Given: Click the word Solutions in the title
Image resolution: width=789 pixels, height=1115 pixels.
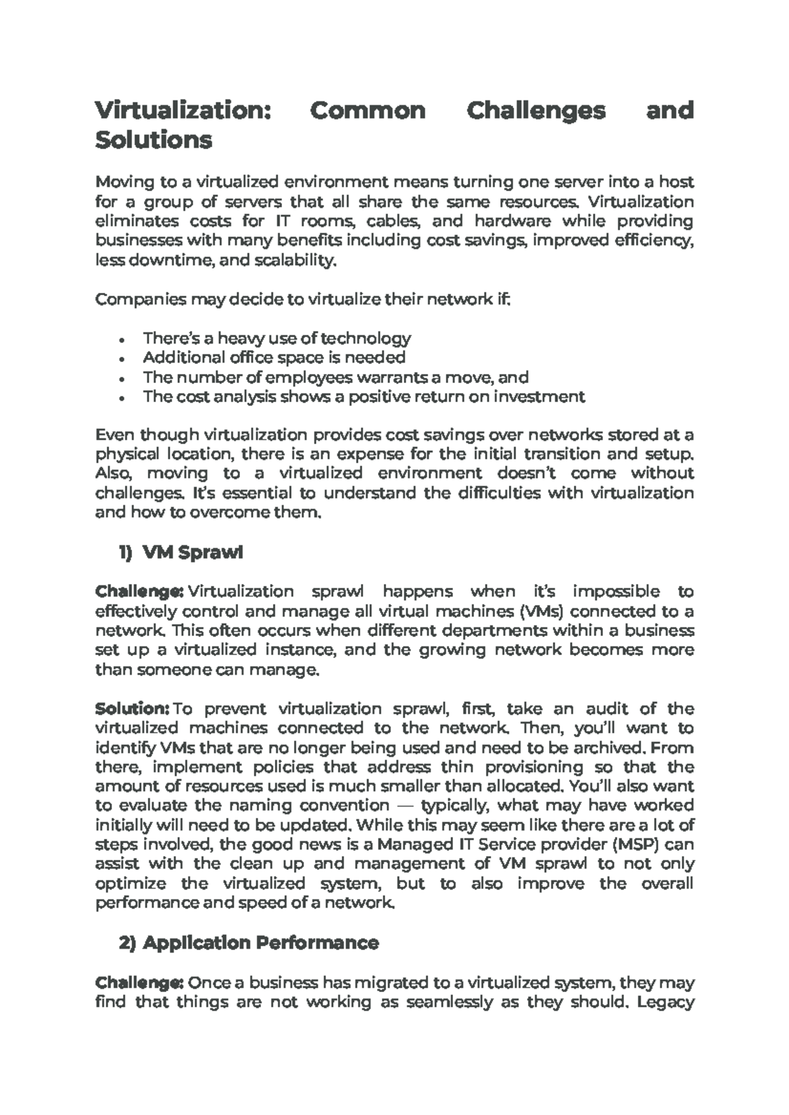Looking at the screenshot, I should click(153, 140).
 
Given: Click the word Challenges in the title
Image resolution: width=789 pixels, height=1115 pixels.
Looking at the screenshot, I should click(535, 110).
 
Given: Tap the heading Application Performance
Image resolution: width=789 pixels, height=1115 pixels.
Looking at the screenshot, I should click(260, 943).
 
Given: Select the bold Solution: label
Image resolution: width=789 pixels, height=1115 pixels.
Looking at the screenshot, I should click(133, 708).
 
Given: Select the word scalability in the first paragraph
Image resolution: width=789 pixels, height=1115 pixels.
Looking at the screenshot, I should click(302, 261).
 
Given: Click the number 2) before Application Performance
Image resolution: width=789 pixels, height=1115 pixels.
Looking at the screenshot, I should click(127, 943).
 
